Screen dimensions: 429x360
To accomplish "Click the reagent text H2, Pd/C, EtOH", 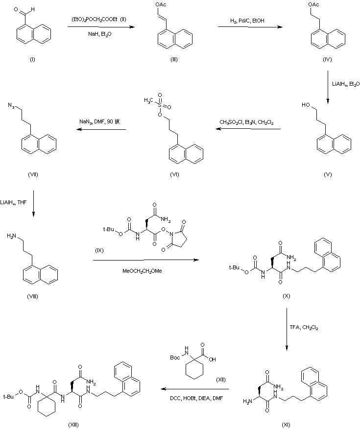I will click(x=249, y=21).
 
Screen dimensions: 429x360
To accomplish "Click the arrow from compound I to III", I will click(x=101, y=27).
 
